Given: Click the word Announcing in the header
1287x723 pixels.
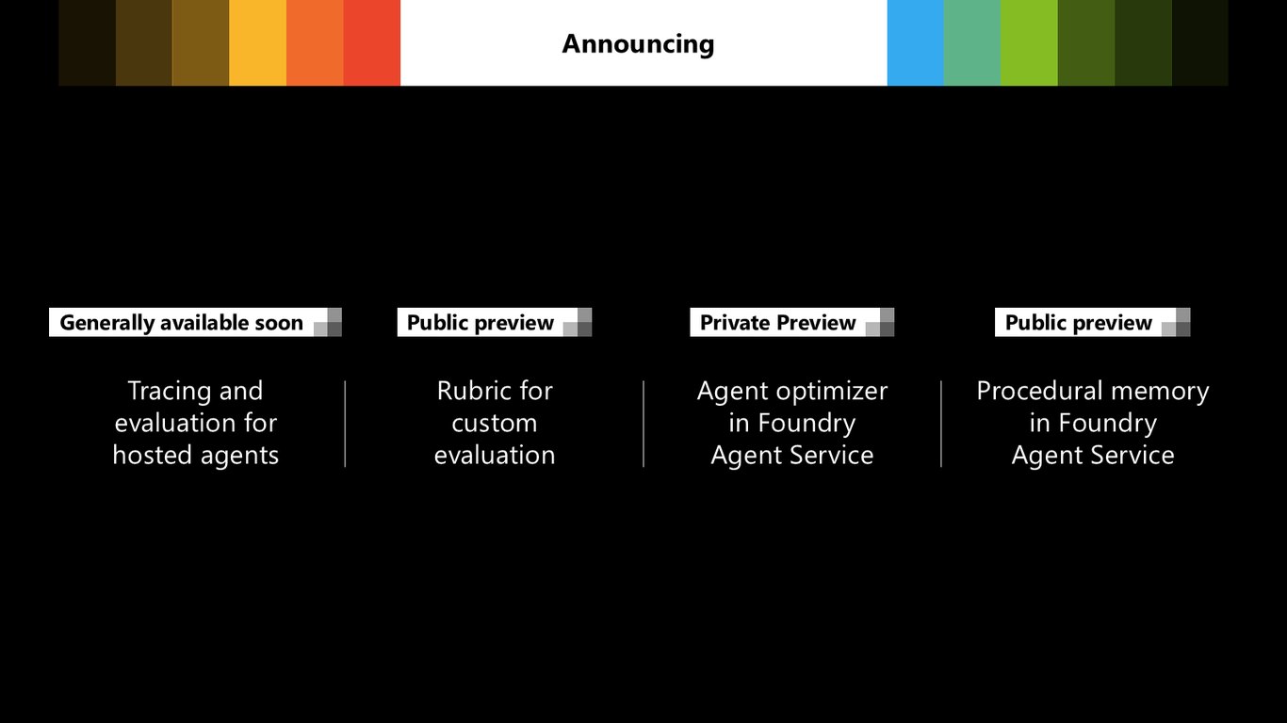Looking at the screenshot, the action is click(638, 44).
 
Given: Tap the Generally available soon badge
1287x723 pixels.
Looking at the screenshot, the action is click(195, 322).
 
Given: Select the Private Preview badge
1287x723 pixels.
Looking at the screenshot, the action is click(791, 322).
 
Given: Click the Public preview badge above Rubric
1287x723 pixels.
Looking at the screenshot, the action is click(494, 322).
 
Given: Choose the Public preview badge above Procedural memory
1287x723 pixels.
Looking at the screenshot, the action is click(1092, 322).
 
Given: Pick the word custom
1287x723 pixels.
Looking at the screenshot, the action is click(494, 424).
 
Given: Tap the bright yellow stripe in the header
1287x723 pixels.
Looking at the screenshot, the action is click(257, 43).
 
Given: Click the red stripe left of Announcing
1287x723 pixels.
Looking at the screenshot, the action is click(372, 43).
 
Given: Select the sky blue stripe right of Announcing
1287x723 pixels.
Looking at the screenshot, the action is click(915, 43).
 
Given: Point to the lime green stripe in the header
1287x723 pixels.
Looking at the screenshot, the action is click(1029, 43).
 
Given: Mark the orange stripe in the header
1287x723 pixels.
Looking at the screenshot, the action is click(315, 43).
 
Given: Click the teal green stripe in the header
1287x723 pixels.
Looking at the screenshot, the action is click(972, 43).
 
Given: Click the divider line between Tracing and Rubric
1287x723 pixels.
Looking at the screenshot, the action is click(345, 424).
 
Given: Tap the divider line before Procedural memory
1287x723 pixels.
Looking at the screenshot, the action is click(941, 424).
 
